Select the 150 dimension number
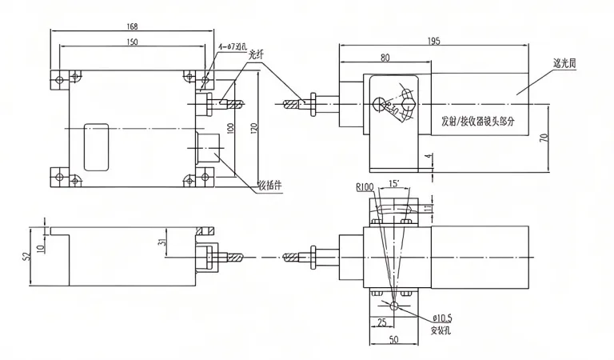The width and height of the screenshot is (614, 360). [x=133, y=41]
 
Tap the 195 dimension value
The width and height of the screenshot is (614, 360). [x=434, y=41]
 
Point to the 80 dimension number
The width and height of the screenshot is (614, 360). [x=385, y=58]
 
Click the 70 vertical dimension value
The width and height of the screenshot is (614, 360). [x=543, y=138]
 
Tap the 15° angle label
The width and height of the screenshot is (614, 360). [x=393, y=184]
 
